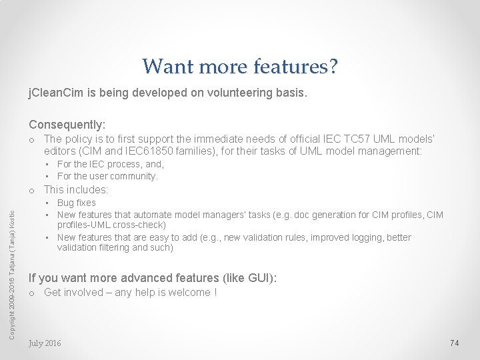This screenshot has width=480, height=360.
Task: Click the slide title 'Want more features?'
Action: click(x=240, y=66)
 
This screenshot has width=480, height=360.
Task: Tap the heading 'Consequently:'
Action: click(x=67, y=125)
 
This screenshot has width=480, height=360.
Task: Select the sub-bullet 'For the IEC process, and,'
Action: click(x=111, y=164)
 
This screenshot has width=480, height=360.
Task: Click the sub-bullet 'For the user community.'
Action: click(x=107, y=176)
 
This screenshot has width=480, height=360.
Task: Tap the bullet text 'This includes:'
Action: click(x=76, y=189)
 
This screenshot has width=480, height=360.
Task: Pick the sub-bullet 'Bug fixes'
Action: click(x=77, y=203)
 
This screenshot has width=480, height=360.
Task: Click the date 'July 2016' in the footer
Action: click(x=45, y=343)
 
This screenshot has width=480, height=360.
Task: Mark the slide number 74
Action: click(x=455, y=343)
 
